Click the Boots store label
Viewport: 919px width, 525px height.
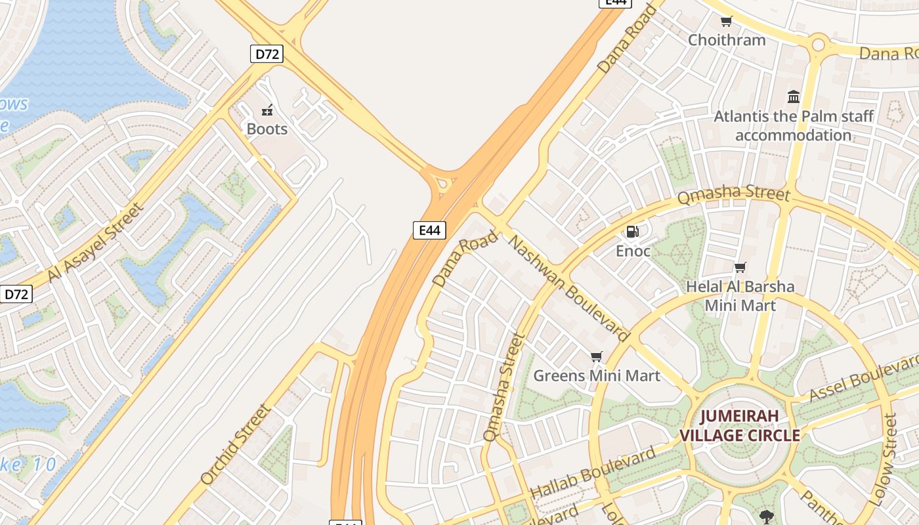267,129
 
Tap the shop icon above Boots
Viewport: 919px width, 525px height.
267,110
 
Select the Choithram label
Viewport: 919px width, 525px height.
727,39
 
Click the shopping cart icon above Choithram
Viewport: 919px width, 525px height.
726,21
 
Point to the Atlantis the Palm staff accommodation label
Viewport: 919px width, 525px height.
794,125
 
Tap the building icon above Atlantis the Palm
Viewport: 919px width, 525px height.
794,97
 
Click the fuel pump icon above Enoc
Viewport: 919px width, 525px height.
633,231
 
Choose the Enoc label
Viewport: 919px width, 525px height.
633,251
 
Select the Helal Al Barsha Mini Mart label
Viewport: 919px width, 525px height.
740,295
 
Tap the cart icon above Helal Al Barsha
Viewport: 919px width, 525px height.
740,267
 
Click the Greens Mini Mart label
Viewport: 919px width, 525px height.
596,375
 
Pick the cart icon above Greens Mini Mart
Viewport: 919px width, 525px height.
596,356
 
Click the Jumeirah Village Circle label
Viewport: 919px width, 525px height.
739,425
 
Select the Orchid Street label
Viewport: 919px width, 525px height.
235,444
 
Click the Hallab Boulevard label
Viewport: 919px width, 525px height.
592,471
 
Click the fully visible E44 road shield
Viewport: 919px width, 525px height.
429,230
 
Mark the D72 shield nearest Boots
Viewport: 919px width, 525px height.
267,54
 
